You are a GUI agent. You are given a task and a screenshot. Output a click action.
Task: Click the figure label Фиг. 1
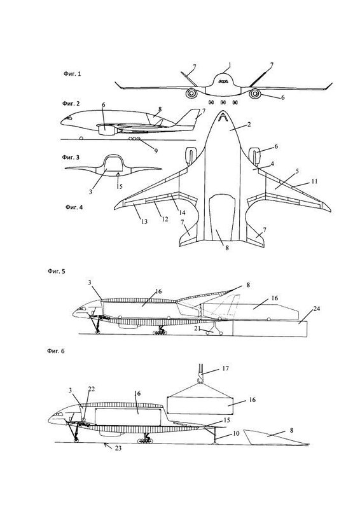[72, 74]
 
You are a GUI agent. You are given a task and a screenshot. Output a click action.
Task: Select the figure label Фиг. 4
[74, 207]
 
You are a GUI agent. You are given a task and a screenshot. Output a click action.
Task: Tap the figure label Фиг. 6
[56, 351]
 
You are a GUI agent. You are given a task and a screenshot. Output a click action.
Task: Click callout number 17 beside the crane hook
[226, 368]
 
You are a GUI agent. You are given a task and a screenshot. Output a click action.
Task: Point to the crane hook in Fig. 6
[200, 377]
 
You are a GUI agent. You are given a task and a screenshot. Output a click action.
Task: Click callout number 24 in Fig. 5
[316, 309]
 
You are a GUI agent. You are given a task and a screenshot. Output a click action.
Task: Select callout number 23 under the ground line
[118, 449]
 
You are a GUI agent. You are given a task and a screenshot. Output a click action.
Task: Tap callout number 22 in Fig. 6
[91, 389]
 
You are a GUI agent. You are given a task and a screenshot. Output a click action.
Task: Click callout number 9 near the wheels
[156, 151]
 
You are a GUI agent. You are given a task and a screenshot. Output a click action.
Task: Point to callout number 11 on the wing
[314, 181]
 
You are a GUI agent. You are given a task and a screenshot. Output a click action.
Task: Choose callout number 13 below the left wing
[144, 221]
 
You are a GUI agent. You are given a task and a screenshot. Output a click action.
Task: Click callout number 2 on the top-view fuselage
[249, 124]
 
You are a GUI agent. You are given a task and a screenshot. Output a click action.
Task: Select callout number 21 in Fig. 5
[198, 329]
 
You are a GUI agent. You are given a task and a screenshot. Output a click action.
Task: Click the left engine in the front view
[191, 94]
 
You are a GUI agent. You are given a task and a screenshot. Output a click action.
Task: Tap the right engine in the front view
[255, 94]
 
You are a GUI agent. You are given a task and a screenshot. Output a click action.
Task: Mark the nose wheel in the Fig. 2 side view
[81, 138]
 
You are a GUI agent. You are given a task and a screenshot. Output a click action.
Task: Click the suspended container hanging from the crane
[200, 405]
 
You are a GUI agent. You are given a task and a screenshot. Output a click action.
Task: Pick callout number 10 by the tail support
[236, 433]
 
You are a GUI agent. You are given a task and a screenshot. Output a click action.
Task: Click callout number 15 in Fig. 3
[120, 186]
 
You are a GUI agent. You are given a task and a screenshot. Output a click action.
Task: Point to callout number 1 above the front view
[230, 65]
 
